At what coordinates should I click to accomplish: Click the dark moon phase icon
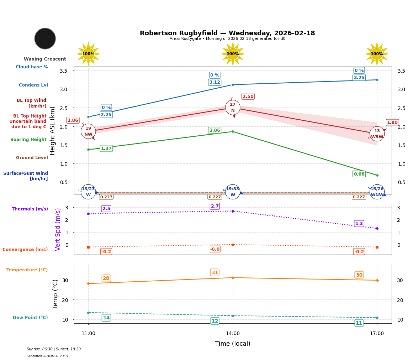click(45, 38)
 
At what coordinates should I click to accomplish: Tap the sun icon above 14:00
click(233, 54)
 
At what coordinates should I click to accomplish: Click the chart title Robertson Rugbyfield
click(227, 33)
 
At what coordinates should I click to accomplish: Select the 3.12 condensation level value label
click(214, 82)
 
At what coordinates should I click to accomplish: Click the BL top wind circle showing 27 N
click(233, 108)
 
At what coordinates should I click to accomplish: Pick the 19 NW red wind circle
click(88, 131)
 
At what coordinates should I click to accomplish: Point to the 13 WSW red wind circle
click(377, 134)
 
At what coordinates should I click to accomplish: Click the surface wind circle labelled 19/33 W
click(233, 192)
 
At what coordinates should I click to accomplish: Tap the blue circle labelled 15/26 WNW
click(377, 192)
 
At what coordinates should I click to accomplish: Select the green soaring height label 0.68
click(359, 174)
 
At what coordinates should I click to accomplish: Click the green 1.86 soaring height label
click(214, 130)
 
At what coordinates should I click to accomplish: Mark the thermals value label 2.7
click(215, 206)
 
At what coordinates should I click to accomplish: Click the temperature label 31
click(215, 272)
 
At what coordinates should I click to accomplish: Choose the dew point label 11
click(359, 323)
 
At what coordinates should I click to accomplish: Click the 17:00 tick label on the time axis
click(377, 334)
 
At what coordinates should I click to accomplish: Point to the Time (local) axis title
click(233, 344)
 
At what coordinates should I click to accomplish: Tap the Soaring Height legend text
click(28, 140)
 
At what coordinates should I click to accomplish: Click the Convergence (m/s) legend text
click(25, 250)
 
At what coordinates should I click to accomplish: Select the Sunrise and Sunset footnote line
click(54, 349)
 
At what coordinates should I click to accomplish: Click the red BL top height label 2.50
click(248, 96)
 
